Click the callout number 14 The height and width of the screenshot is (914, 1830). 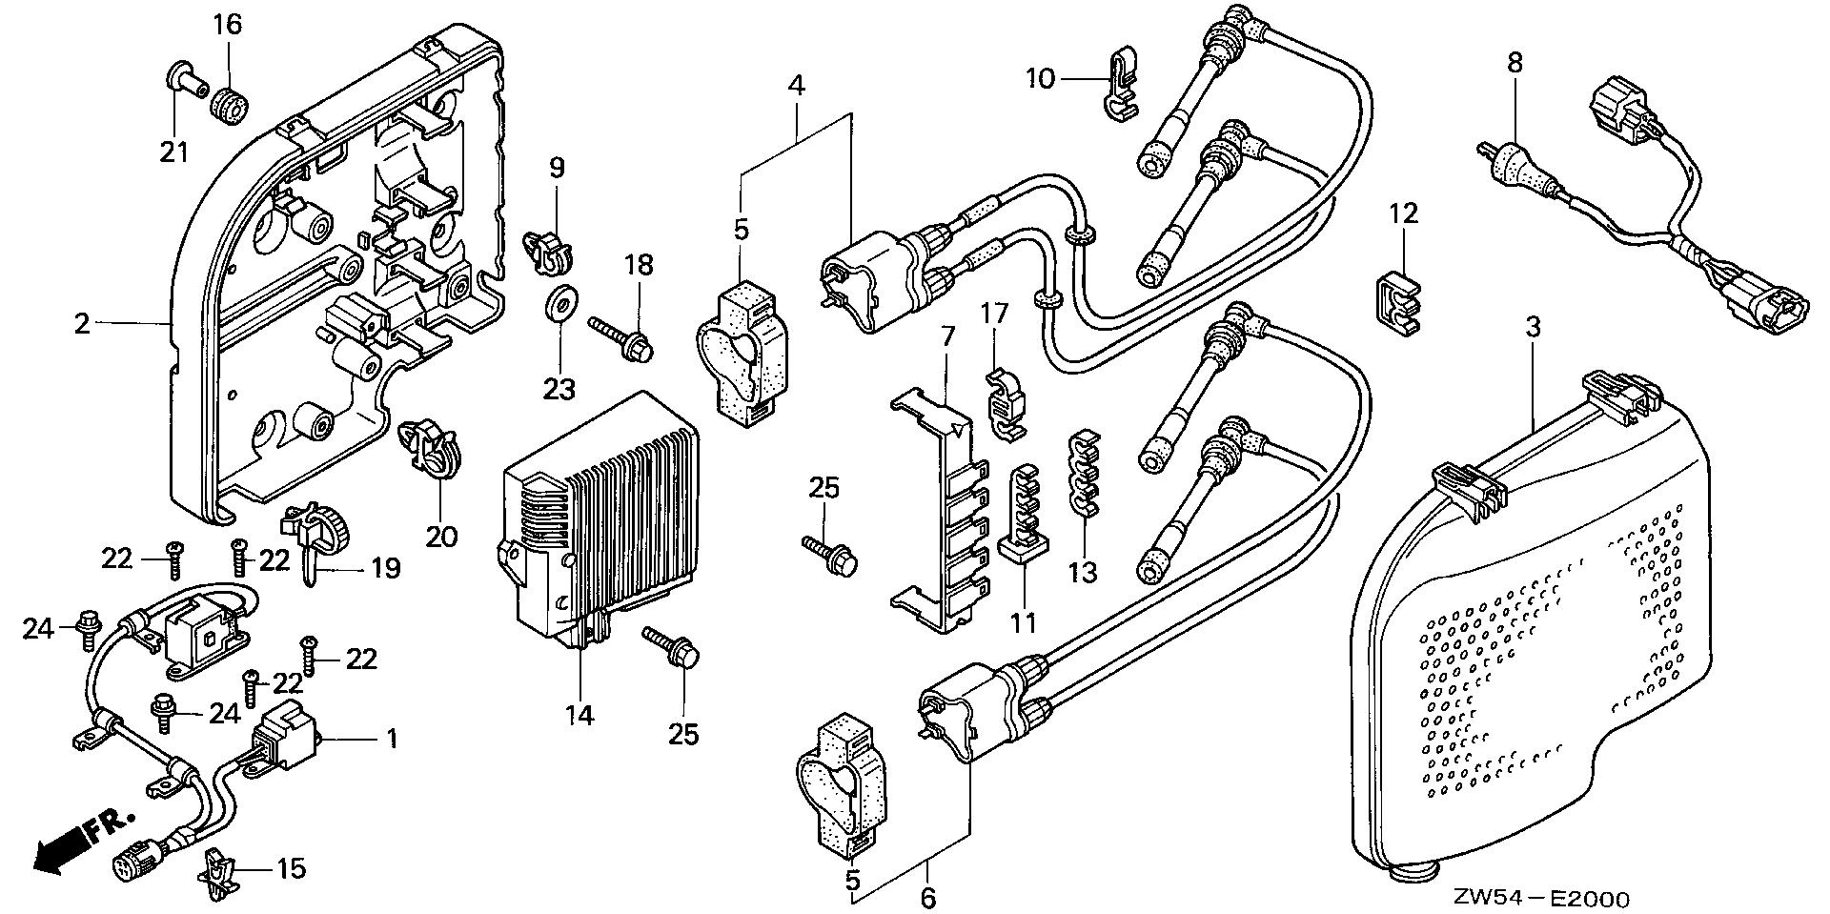579,714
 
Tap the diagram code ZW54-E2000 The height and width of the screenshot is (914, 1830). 1541,899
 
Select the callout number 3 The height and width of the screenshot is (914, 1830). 1532,327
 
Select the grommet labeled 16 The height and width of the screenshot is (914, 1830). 229,103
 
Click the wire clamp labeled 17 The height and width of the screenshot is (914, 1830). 1001,404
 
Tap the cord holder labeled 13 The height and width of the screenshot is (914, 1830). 1082,474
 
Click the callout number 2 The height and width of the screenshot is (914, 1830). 82,324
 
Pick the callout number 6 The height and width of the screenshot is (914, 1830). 928,897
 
